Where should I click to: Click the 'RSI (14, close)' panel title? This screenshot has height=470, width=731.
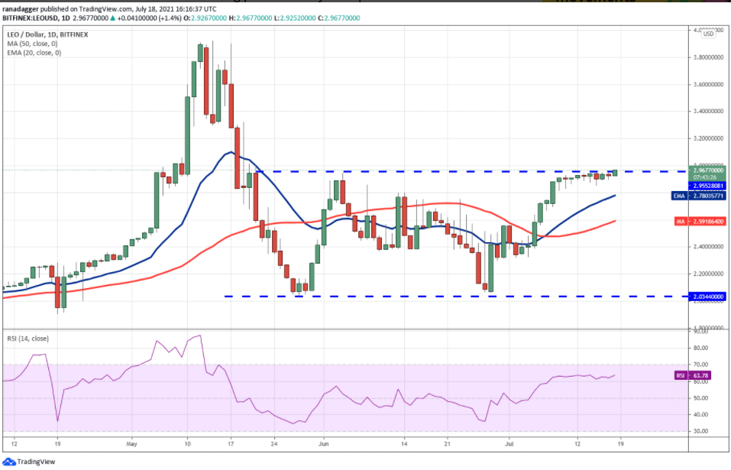coord(29,337)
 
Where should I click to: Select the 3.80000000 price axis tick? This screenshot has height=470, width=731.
coord(707,57)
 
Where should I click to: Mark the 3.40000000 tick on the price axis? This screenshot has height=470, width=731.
coord(707,112)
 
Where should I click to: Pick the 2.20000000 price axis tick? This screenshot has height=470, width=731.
coord(707,274)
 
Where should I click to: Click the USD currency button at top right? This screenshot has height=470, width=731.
coord(708,34)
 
